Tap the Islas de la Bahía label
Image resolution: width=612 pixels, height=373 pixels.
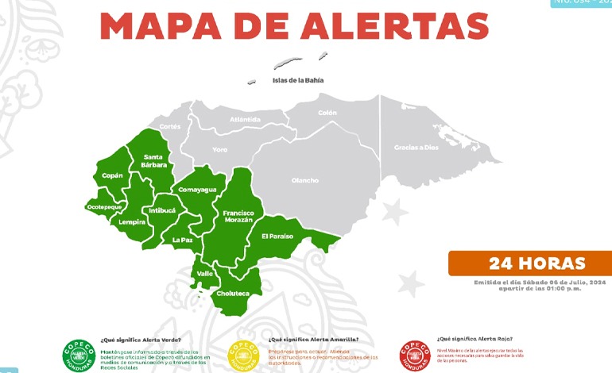pos(298,80)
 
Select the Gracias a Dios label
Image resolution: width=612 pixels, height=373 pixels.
pos(416,148)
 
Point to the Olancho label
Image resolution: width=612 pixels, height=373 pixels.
pos(305,180)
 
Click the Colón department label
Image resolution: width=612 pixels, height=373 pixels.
pos(327,113)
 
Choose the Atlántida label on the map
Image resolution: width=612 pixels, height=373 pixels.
pos(245,119)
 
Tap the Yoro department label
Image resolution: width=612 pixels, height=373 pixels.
pos(220,149)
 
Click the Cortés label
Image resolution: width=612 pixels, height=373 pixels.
pos(170,126)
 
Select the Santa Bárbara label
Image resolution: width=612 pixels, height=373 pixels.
pos(155,161)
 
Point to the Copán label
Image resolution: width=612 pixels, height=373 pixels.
pos(111,175)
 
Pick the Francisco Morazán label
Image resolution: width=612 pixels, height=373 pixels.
pos(238,217)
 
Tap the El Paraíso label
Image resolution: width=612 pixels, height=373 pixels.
pos(277,236)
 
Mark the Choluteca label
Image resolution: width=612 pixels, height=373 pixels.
pos(233,294)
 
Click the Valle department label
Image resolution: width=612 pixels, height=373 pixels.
pos(204,273)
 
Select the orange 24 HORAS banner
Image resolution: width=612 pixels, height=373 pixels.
pos(529,263)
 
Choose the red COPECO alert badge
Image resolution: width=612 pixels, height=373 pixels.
pos(416,354)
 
